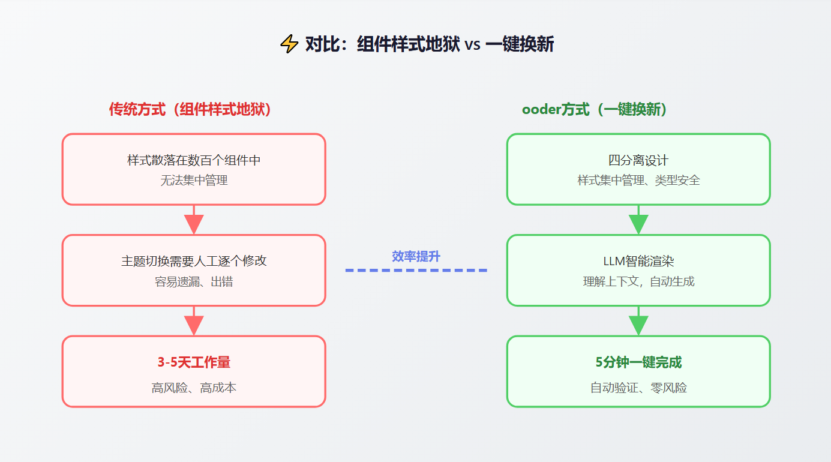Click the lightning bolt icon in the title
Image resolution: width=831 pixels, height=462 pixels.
289,44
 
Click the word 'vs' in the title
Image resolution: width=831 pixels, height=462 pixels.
472,44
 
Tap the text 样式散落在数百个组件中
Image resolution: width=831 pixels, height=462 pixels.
194,160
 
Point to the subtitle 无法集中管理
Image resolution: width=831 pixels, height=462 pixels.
194,180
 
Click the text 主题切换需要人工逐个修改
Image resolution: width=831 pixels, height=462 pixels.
194,261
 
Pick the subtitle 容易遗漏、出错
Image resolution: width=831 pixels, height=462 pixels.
194,281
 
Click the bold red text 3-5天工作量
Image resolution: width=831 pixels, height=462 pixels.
194,362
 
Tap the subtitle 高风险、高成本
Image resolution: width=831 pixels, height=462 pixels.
194,388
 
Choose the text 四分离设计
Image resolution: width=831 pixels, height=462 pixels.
638,160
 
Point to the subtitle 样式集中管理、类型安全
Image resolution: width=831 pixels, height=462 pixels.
638,180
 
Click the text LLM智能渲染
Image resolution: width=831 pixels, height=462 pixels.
638,261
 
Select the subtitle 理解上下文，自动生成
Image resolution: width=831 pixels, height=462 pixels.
638,281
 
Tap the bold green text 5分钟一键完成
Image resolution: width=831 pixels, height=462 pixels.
638,362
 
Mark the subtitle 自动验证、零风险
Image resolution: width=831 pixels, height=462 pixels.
638,388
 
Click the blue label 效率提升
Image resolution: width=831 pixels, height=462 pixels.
416,256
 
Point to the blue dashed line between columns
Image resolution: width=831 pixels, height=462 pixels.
416,271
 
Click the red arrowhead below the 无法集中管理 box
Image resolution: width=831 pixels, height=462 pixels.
194,224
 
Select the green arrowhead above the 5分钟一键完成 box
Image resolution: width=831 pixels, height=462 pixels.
638,325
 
